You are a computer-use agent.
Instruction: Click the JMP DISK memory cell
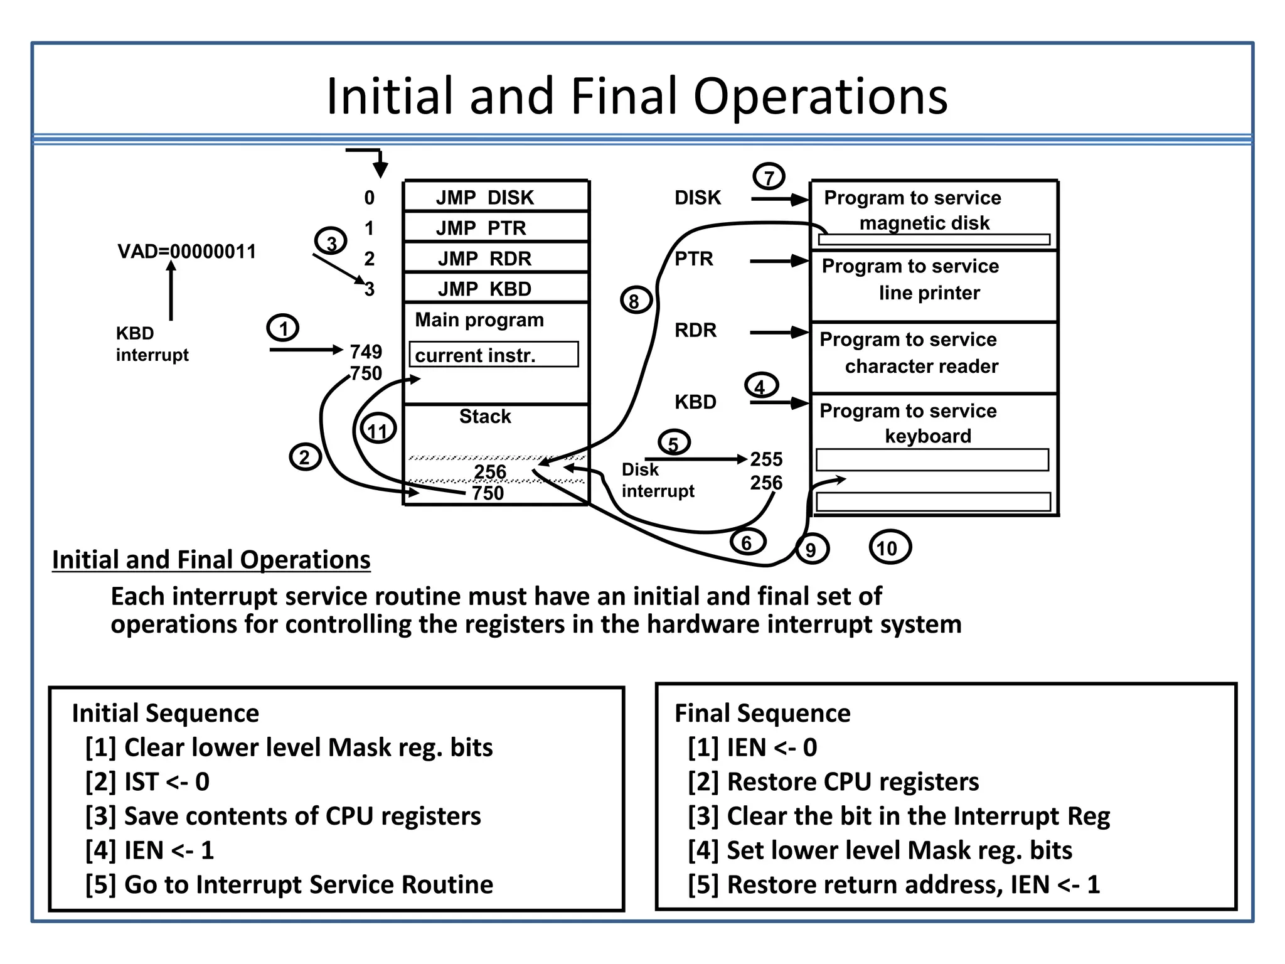click(x=496, y=197)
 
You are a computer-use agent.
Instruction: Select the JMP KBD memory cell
click(x=496, y=289)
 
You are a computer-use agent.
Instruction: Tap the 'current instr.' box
click(x=494, y=355)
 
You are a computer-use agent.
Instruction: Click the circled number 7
click(x=769, y=177)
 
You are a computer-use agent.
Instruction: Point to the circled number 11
click(x=378, y=430)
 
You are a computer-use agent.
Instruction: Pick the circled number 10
click(x=888, y=548)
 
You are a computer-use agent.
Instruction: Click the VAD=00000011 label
click(x=187, y=252)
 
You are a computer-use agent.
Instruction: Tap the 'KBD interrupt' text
click(x=152, y=344)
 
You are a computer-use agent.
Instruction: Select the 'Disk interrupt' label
click(x=657, y=480)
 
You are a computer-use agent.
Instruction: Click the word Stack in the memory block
click(x=485, y=417)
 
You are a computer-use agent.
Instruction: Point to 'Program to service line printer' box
click(x=934, y=286)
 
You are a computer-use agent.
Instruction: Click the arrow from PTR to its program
click(x=778, y=261)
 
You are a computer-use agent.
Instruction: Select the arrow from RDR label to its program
click(x=778, y=333)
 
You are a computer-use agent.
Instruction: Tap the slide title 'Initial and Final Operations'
click(x=637, y=96)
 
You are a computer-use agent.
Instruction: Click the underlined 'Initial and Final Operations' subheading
click(x=211, y=560)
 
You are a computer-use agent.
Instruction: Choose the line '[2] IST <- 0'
click(x=148, y=782)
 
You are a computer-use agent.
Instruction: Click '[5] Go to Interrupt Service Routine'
click(x=289, y=885)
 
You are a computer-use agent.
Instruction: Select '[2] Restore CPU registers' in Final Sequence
click(x=833, y=782)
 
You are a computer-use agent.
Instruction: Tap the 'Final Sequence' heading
click(x=762, y=714)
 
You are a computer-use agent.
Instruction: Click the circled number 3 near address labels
click(x=331, y=242)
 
